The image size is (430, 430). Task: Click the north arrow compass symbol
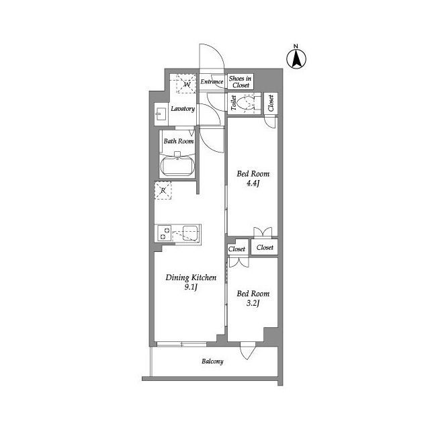(x=296, y=58)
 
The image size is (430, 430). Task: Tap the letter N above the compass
(x=296, y=46)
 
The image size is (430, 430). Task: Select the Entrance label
(x=212, y=82)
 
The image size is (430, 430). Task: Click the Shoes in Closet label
(x=241, y=82)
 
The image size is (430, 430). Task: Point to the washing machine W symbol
(x=187, y=83)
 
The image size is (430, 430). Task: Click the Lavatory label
(x=183, y=109)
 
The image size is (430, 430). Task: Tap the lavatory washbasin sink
(x=161, y=114)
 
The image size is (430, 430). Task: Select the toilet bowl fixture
(x=246, y=103)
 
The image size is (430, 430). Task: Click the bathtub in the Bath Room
(x=177, y=166)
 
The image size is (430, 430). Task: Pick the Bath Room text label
(x=179, y=141)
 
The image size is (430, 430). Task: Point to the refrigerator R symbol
(x=163, y=190)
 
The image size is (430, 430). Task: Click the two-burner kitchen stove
(x=164, y=233)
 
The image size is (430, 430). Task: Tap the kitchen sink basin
(x=190, y=233)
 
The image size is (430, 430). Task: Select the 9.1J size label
(x=191, y=287)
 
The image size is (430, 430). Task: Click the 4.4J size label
(x=253, y=183)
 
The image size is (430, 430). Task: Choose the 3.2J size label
(x=253, y=303)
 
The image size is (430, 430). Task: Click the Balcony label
(x=212, y=361)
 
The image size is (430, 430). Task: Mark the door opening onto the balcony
(x=248, y=351)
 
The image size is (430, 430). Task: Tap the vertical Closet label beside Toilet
(x=271, y=103)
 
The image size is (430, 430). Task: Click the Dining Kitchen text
(x=191, y=277)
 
